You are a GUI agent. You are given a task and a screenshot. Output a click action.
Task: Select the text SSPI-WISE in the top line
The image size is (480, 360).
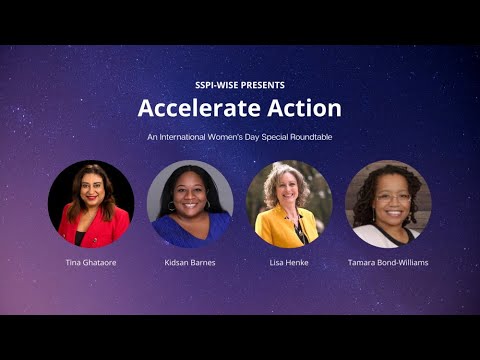[217, 85]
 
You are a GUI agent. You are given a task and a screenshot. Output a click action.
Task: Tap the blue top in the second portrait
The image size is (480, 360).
[190, 232]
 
